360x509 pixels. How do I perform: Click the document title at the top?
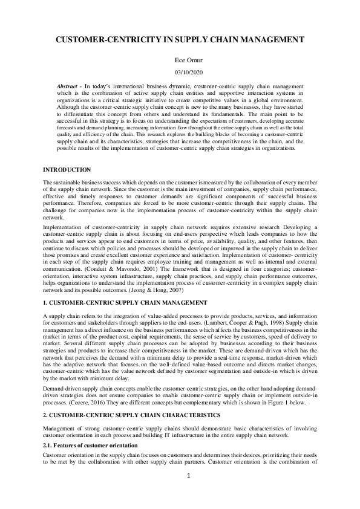coord(180,40)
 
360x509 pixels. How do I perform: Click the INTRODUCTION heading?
coord(67,170)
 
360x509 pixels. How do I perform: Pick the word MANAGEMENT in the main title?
coord(272,40)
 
